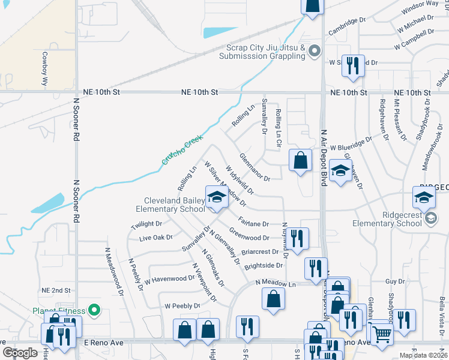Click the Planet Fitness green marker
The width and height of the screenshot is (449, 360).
pos(94,310)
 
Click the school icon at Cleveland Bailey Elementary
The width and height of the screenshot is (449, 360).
pos(217,197)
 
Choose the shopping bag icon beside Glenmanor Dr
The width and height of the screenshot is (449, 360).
pos(300,161)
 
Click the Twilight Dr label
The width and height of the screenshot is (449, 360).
pos(147,224)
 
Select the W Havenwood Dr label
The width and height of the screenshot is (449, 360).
pos(169,278)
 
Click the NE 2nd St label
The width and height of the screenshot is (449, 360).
pos(56,290)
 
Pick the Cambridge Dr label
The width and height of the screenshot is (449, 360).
pos(346,20)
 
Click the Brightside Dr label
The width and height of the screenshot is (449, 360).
pos(263,265)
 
